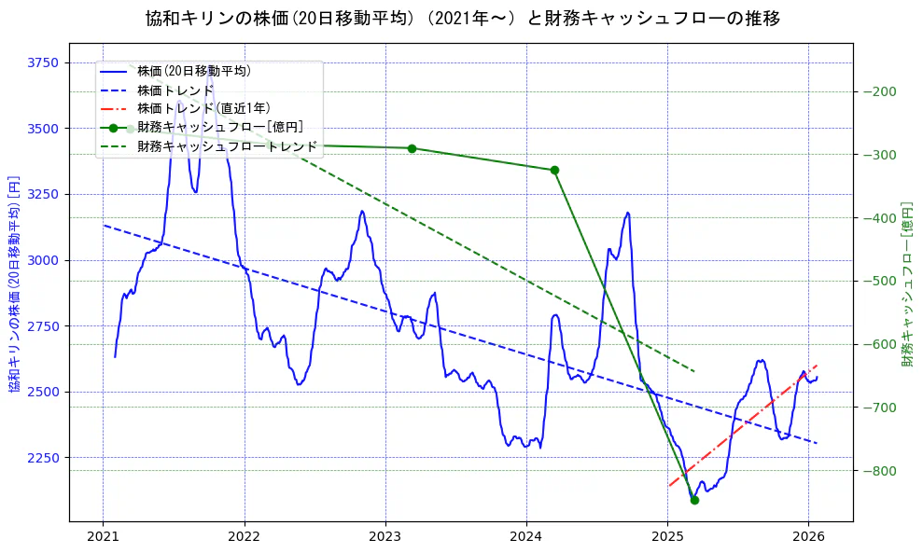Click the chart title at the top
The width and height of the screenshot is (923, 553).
pyautogui.click(x=462, y=19)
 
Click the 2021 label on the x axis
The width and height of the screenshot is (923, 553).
pyautogui.click(x=103, y=537)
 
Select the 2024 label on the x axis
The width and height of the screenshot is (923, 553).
pyautogui.click(x=526, y=537)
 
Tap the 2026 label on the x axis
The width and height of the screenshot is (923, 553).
pyautogui.click(x=808, y=537)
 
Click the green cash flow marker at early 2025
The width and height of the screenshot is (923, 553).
pyautogui.click(x=694, y=500)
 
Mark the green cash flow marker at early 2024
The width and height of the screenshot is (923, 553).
pyautogui.click(x=554, y=170)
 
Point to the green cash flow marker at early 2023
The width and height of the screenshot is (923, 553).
pyautogui.click(x=412, y=148)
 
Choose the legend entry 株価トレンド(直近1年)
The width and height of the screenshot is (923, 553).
pyautogui.click(x=203, y=108)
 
